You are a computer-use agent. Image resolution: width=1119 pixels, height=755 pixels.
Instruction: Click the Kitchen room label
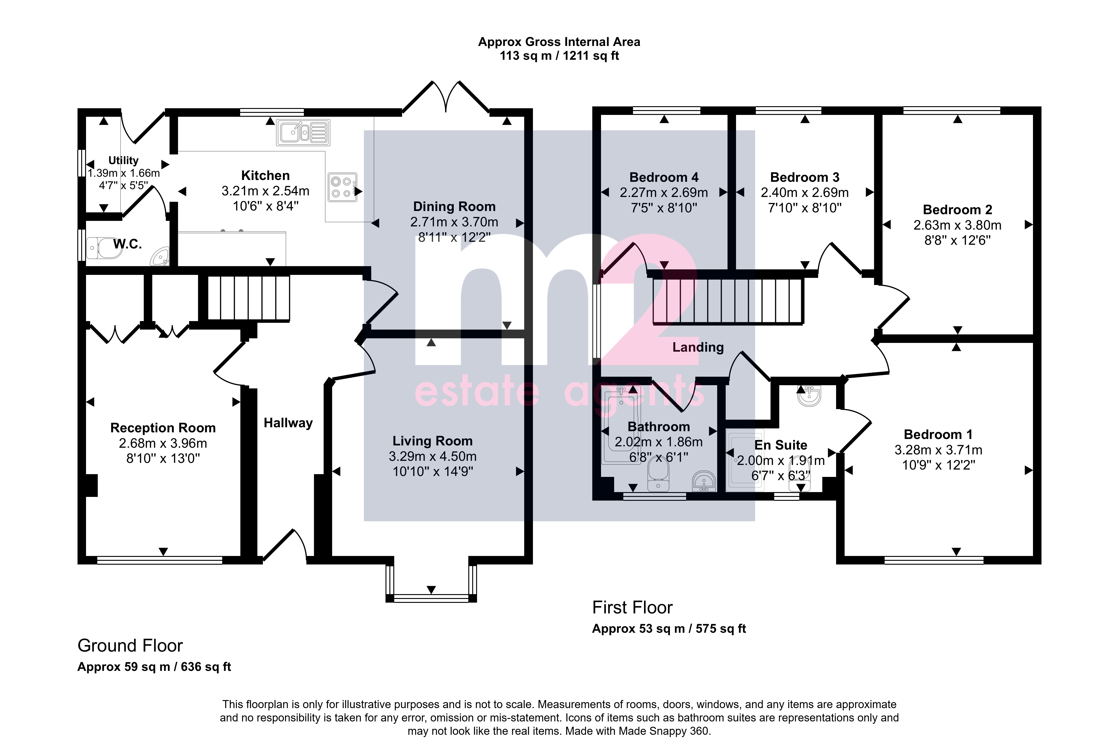[x=265, y=176]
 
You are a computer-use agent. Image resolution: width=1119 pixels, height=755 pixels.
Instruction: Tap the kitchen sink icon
[x=303, y=133]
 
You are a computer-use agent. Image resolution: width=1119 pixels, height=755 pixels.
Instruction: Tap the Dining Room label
[x=454, y=207]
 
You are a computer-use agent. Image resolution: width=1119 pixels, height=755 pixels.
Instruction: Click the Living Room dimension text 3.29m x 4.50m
[x=432, y=456]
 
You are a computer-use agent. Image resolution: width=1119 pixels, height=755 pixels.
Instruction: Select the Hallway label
[x=288, y=423]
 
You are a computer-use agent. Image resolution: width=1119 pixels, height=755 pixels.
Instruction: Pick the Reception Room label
[x=163, y=428]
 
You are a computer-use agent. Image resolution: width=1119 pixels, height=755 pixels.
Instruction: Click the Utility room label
[x=123, y=160]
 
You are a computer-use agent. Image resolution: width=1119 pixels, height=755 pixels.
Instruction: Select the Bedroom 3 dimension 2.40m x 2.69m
[x=805, y=192]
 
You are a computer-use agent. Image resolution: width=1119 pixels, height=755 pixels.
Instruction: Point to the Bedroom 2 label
[x=957, y=210]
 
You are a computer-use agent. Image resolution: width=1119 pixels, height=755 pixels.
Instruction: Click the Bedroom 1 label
[x=938, y=435]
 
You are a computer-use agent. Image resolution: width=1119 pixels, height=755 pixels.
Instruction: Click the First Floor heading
[x=632, y=608]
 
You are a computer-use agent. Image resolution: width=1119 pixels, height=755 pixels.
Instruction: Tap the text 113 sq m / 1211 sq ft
[x=559, y=56]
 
